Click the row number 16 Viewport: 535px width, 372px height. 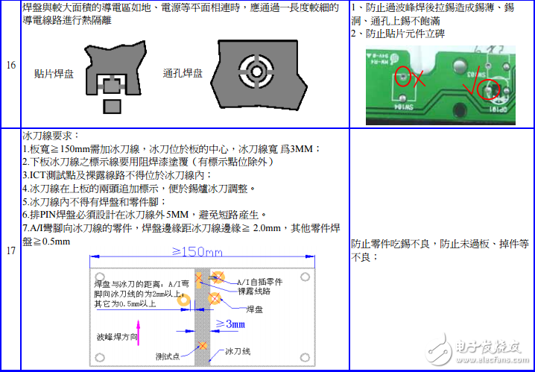click(11, 66)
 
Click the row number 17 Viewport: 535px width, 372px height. click(11, 250)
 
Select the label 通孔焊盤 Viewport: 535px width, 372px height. click(183, 73)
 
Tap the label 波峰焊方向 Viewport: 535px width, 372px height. click(117, 337)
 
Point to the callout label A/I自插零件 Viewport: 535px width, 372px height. click(259, 283)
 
